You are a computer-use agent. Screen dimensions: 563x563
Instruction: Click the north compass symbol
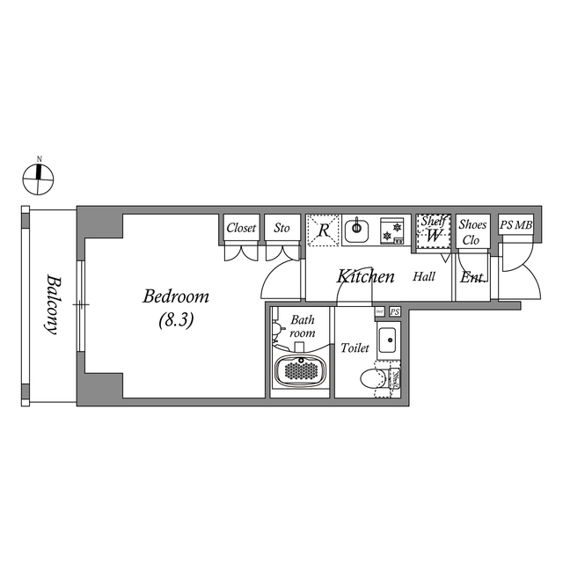(x=39, y=177)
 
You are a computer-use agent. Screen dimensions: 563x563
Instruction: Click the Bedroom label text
(x=176, y=296)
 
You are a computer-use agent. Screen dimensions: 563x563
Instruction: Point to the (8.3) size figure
(x=176, y=320)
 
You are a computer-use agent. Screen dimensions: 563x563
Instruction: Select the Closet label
(x=241, y=228)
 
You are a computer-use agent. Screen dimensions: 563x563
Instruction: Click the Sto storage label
(x=281, y=228)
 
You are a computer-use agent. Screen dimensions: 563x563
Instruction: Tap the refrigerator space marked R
(x=324, y=231)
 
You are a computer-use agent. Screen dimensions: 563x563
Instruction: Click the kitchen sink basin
(x=356, y=231)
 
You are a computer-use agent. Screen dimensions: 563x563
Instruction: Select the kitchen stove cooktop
(x=392, y=230)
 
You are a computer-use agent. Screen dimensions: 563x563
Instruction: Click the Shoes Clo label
(x=472, y=231)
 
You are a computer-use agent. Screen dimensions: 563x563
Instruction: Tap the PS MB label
(x=515, y=226)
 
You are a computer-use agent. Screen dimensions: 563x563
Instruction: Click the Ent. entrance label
(x=473, y=277)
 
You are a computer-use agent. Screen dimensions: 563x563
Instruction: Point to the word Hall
(x=425, y=276)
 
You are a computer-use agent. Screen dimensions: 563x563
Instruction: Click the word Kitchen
(x=366, y=276)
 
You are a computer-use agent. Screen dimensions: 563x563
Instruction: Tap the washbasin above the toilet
(x=387, y=340)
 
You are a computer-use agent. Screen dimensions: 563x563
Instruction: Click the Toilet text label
(x=355, y=348)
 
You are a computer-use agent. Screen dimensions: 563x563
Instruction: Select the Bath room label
(x=303, y=327)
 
